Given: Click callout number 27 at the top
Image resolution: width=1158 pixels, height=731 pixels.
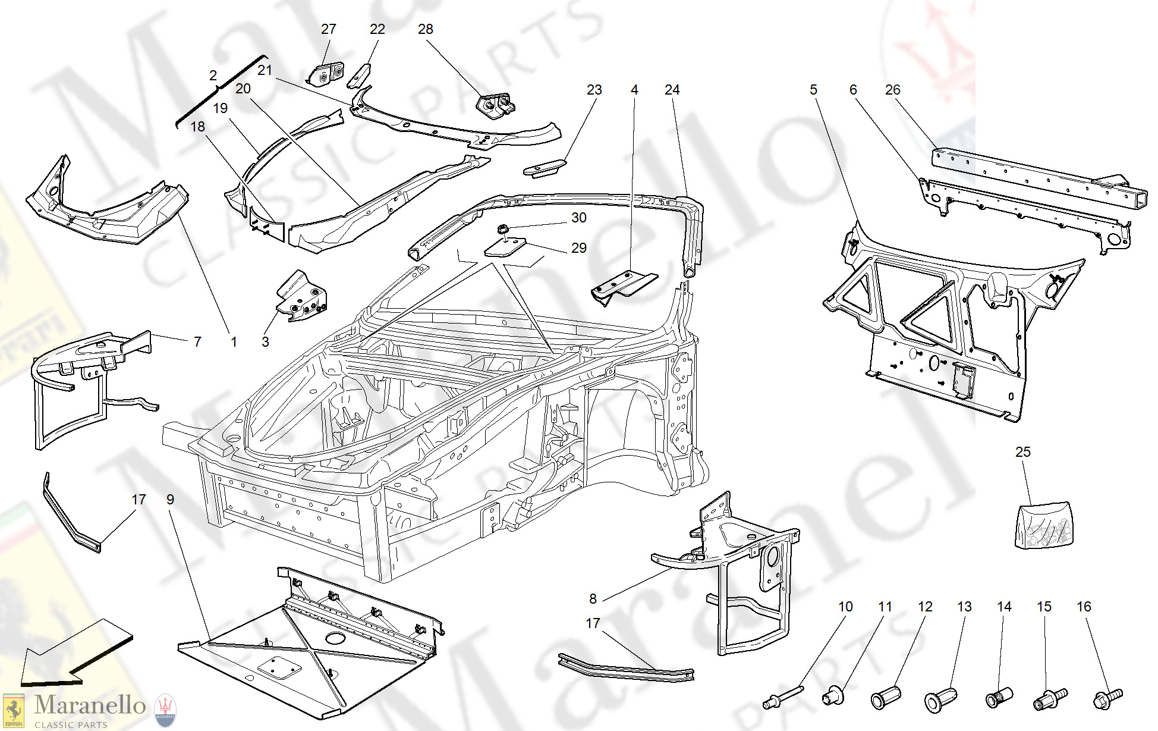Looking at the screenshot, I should coord(328,29).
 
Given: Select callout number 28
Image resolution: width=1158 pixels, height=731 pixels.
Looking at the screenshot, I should coord(426,29).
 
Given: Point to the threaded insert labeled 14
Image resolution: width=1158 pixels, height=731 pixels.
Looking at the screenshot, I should coord(999,697).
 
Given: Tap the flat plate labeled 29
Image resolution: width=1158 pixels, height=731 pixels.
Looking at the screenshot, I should coord(505,246).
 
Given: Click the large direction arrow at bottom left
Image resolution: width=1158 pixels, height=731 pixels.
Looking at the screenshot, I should coord(74,654).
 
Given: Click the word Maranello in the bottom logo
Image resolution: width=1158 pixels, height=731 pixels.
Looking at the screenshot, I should coord(90,705).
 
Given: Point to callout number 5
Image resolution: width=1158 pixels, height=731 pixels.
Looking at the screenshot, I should coord(813,90).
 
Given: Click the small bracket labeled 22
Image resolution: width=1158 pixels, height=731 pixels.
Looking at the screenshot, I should coord(359,76).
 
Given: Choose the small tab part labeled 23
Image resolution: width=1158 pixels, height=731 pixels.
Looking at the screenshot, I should coord(544,168).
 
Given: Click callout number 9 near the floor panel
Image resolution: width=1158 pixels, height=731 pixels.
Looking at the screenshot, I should coord(170,500).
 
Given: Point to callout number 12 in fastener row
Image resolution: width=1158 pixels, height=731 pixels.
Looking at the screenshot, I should coord(925,607).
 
